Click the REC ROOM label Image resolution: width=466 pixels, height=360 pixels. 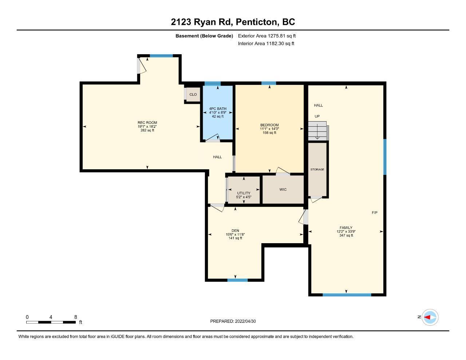coord(147,123)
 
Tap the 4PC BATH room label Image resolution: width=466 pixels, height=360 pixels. coord(218,109)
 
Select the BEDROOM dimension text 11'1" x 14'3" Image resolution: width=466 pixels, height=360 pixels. coord(269,129)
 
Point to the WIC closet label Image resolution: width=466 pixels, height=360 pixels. coord(283,190)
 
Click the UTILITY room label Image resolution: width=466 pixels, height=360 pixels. coord(244,193)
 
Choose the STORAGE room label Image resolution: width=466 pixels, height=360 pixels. coord(317,169)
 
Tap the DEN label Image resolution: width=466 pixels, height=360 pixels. coord(235,231)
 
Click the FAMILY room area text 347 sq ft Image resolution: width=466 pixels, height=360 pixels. coord(346,235)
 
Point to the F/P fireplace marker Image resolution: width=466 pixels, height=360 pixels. coord(375,213)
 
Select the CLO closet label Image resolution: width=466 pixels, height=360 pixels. coord(193,94)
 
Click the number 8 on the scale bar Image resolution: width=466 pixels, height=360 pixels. coord(75,317)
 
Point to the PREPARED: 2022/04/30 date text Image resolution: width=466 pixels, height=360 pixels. coord(233,321)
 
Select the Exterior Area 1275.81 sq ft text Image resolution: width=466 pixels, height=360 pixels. coord(267,36)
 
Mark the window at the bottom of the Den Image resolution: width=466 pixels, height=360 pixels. coord(238,280)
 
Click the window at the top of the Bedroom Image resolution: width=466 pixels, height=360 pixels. coord(269,83)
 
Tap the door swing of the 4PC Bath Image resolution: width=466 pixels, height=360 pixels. coord(213,138)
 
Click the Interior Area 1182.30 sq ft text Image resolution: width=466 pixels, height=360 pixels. coord(266,44)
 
